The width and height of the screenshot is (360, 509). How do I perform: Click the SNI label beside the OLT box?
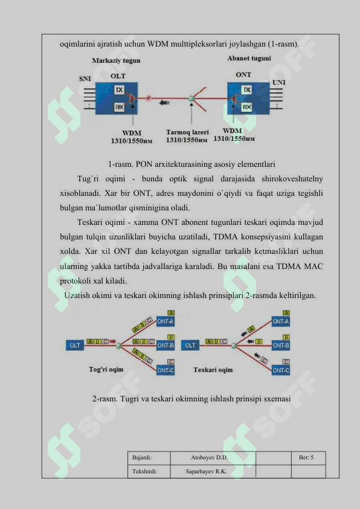click(85, 79)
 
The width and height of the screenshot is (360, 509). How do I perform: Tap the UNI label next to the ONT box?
click(279, 82)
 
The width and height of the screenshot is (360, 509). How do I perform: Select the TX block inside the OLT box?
click(120, 89)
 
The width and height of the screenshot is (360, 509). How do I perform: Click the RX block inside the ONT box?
click(247, 107)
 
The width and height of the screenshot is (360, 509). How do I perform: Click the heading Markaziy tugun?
click(116, 60)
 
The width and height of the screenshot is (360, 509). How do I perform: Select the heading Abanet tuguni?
click(249, 59)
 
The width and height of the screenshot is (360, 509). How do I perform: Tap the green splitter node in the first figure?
click(191, 98)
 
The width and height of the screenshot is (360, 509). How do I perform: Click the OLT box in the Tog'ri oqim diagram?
click(75, 345)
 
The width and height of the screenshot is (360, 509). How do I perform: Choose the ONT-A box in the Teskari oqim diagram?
click(281, 322)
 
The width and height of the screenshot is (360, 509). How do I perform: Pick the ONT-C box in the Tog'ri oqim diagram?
click(166, 370)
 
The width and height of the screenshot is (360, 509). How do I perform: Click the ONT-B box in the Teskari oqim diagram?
click(281, 345)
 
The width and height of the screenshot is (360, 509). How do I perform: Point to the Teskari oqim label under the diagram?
click(213, 370)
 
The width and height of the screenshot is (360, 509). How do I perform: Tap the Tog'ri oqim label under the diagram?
click(106, 369)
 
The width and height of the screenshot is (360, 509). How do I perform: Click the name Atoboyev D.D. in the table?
click(209, 458)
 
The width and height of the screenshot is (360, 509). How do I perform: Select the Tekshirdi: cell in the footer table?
click(144, 472)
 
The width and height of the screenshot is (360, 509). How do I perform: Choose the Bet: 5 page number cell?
click(306, 458)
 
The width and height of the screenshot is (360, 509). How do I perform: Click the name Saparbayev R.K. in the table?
click(206, 472)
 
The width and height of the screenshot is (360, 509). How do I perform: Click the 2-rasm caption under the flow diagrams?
click(191, 398)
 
